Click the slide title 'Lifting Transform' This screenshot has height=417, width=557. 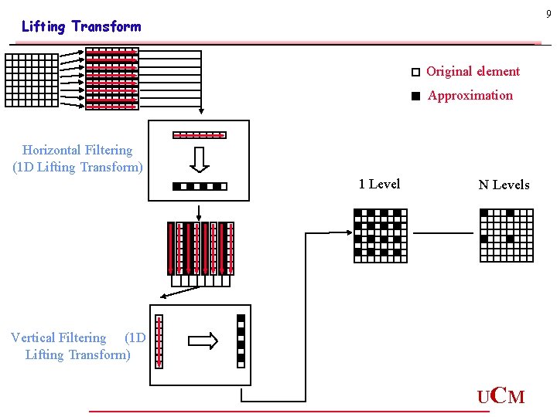tap(81, 26)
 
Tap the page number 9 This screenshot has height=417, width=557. tap(548, 14)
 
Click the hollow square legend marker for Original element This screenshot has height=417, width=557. tap(415, 72)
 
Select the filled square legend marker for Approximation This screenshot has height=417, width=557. tap(415, 97)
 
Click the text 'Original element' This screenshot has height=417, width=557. tap(473, 71)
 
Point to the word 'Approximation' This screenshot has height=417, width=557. tap(470, 96)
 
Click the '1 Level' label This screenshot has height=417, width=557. tap(379, 184)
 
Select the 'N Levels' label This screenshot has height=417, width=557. tap(504, 185)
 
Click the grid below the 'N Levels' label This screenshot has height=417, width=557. tap(507, 236)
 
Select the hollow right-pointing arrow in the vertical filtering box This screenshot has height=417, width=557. tap(203, 341)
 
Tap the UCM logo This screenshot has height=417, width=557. tap(501, 397)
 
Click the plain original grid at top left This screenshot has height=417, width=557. tap(32, 80)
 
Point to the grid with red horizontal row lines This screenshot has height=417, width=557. tap(111, 78)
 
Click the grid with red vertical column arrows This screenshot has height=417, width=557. tap(200, 249)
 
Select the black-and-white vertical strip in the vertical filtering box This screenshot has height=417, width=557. tap(241, 341)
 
